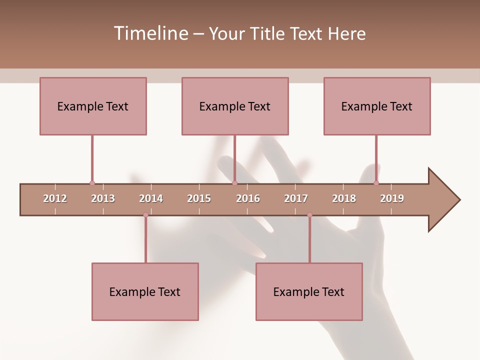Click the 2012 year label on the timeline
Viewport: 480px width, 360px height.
pos(55,198)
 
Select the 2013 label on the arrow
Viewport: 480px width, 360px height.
pos(103,198)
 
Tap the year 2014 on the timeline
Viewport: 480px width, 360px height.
pos(151,198)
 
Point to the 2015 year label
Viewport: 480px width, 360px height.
pos(199,198)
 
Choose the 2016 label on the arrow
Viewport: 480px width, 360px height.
pos(248,198)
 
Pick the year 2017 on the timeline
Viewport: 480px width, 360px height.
pos(296,198)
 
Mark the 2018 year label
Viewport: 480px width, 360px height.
pos(344,198)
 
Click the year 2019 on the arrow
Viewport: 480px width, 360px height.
pos(392,198)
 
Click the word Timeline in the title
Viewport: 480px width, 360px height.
pos(150,33)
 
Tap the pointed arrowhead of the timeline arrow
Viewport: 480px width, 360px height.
pos(445,200)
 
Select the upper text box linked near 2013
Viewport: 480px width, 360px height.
pos(93,106)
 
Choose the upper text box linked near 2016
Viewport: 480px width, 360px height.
pos(235,106)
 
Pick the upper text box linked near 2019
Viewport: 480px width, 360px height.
pos(377,106)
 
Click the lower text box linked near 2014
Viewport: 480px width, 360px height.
pos(145,291)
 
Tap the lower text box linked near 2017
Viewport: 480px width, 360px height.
pos(309,291)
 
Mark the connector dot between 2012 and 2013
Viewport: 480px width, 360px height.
pos(92,183)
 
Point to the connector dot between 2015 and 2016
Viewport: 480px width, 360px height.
pos(234,183)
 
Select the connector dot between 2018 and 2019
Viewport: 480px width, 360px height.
pos(376,183)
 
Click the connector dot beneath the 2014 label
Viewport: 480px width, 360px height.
pos(145,215)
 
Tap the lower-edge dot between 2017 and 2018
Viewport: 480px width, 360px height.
pos(309,215)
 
